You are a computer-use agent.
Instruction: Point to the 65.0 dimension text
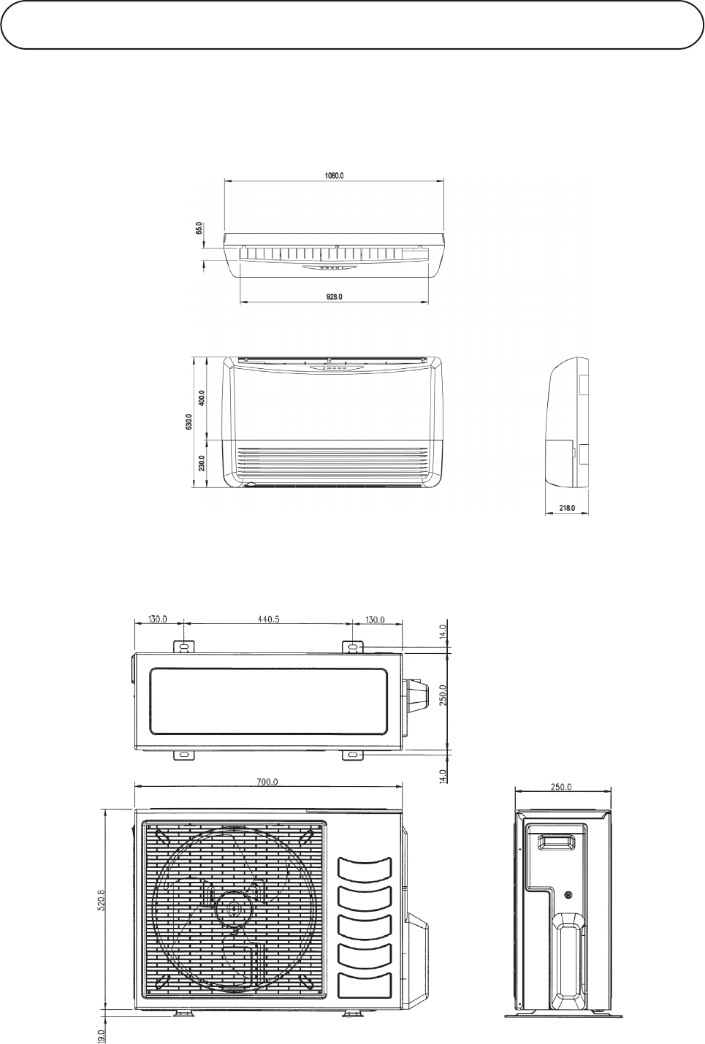(x=198, y=229)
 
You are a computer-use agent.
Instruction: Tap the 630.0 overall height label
(x=188, y=422)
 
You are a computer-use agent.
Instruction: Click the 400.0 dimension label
(x=202, y=399)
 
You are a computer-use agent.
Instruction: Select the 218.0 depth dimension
(x=567, y=507)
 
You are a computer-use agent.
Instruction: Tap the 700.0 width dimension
(x=267, y=782)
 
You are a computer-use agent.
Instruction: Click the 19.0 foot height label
(x=102, y=1034)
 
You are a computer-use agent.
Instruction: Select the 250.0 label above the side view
(x=563, y=787)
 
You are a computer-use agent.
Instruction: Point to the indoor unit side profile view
(x=567, y=424)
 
